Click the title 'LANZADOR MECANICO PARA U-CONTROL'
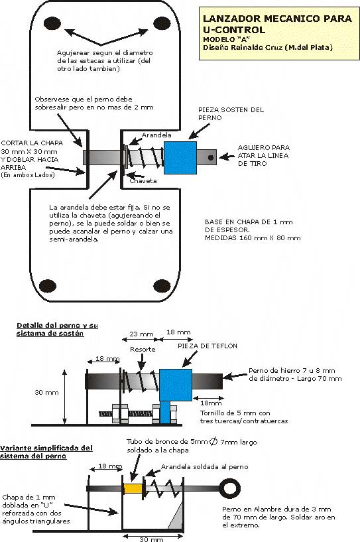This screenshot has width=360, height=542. coord(277,23)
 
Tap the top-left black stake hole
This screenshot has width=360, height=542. coord(52,23)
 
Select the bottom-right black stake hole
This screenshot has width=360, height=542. coord(162,286)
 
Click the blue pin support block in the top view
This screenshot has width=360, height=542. coord(180,158)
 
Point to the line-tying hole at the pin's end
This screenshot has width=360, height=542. coord(211,158)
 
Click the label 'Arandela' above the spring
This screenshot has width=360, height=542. coord(156,135)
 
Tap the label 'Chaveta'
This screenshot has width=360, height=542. coord(143,180)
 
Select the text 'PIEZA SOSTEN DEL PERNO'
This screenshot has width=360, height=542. coord(231,113)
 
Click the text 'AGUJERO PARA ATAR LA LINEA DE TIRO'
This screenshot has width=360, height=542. coord(264,155)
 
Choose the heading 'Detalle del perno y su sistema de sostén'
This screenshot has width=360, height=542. coord(58,330)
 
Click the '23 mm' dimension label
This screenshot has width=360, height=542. coord(141,334)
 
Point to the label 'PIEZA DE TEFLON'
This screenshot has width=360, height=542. coord(208,346)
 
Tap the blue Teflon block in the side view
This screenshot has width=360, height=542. coord(176,385)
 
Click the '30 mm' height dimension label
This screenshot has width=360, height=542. coord(46,392)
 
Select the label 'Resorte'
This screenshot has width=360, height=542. coord(143,349)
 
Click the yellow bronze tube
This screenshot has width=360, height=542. coord(133,488)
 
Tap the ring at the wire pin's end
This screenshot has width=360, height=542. coord(230,489)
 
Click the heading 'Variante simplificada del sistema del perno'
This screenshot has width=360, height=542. coord(46,452)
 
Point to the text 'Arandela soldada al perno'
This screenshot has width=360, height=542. coord(204,466)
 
